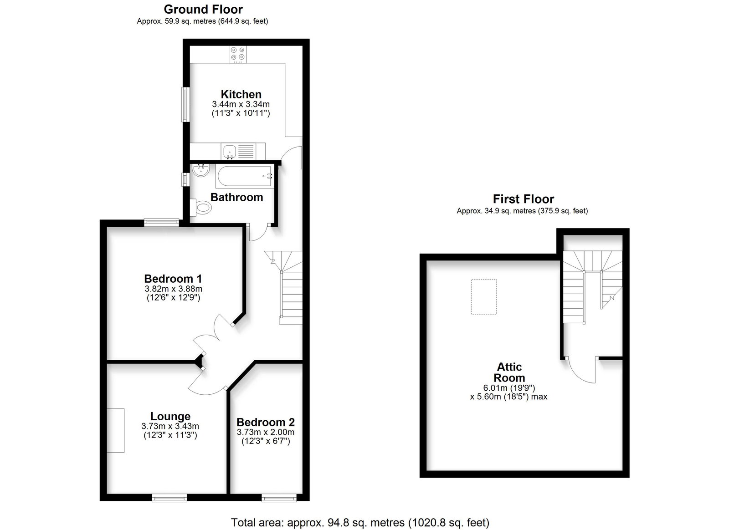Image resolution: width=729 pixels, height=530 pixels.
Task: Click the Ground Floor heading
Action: [x=203, y=10]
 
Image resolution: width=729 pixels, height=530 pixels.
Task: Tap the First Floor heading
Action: [x=523, y=199]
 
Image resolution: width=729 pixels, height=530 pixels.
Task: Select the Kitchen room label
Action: [x=241, y=94]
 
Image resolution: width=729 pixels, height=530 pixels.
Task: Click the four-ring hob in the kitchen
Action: [x=237, y=54]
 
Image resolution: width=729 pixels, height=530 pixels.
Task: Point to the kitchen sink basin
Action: [x=230, y=152]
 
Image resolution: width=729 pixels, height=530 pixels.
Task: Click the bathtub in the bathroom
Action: [x=244, y=176]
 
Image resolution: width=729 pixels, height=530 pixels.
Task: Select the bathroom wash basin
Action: [x=200, y=170]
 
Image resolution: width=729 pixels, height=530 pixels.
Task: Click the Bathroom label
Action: [x=236, y=197]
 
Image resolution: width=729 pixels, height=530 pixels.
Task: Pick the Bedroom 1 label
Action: [x=173, y=279]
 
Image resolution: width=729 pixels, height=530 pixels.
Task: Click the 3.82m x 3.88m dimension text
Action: [x=173, y=289]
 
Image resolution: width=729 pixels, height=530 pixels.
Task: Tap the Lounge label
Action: [x=170, y=416]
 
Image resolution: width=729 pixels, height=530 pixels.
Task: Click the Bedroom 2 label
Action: [x=266, y=422]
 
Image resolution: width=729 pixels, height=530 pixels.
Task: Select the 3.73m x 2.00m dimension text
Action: [x=266, y=432]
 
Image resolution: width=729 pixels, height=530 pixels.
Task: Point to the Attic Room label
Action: [x=509, y=372]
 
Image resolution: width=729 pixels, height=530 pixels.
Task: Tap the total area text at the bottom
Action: [x=360, y=523]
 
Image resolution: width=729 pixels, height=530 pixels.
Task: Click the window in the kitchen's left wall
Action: [x=185, y=104]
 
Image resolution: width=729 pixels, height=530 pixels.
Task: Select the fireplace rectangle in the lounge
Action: [x=116, y=430]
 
